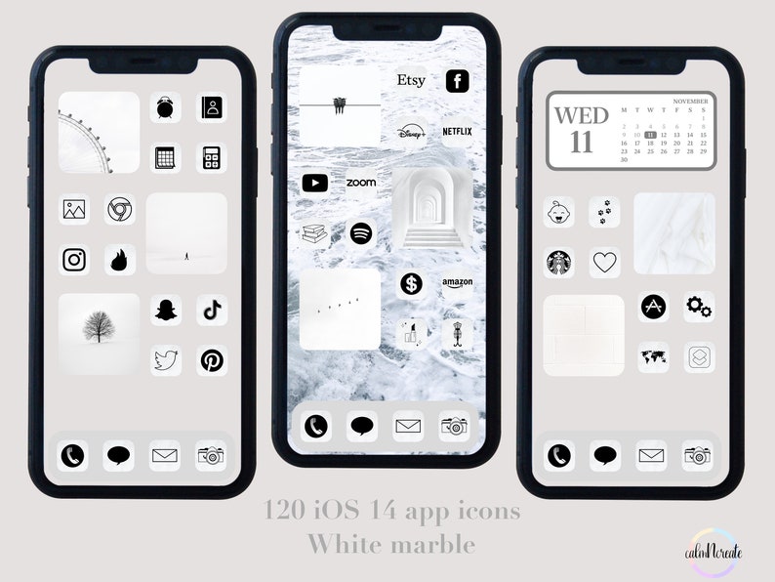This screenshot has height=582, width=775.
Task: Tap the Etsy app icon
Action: tap(411, 81)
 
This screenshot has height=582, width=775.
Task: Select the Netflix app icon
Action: tap(457, 131)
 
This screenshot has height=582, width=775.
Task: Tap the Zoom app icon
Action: tap(361, 183)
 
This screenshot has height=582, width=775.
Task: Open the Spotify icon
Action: tap(361, 233)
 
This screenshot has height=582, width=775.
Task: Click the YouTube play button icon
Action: tap(314, 183)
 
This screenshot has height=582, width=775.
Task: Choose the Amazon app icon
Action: tap(457, 284)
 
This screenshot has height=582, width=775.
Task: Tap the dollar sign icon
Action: tap(411, 284)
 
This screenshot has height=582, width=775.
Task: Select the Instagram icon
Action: tap(75, 260)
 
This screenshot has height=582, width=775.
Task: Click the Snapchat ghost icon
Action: tap(165, 311)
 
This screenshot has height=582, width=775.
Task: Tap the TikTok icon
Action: tap(212, 311)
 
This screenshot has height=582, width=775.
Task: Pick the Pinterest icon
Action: tap(212, 360)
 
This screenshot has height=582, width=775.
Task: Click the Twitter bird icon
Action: tap(165, 360)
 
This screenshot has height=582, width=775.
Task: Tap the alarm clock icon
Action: tap(165, 108)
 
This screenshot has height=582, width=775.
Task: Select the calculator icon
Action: tap(212, 157)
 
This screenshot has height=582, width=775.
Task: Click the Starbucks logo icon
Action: tap(559, 262)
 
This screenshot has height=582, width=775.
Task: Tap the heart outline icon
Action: tap(605, 262)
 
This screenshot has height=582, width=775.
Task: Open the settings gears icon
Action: tap(699, 308)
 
